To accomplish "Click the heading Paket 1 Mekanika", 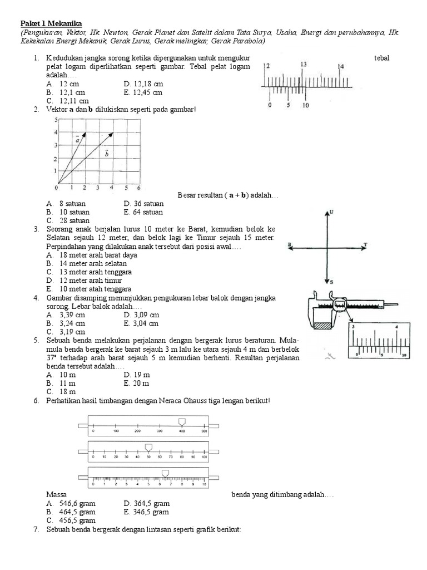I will [51, 24].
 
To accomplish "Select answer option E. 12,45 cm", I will [143, 92].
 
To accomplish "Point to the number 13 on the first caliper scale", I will [303, 65].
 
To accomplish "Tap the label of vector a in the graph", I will [78, 140].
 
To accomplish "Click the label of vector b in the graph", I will [106, 154].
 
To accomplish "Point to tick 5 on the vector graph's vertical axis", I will [56, 120].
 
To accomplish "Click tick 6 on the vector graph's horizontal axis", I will [139, 188].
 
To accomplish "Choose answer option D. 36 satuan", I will [143, 204].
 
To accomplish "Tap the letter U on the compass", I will [331, 213].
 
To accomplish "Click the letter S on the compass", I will [331, 282].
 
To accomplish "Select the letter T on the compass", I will [365, 244].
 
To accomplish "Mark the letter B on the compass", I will [290, 244].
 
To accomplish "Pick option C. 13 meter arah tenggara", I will [89, 272].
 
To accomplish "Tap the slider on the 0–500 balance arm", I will [181, 422].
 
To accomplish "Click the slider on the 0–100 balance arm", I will [148, 446].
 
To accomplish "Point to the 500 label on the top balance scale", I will [203, 431].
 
